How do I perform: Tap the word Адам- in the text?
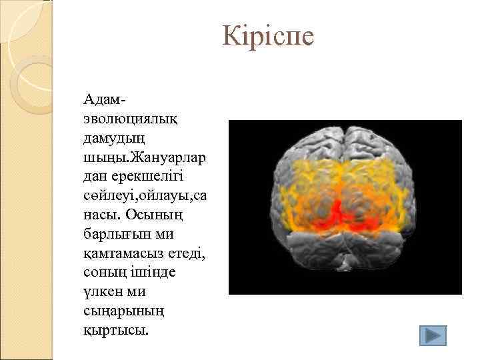(105, 99)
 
